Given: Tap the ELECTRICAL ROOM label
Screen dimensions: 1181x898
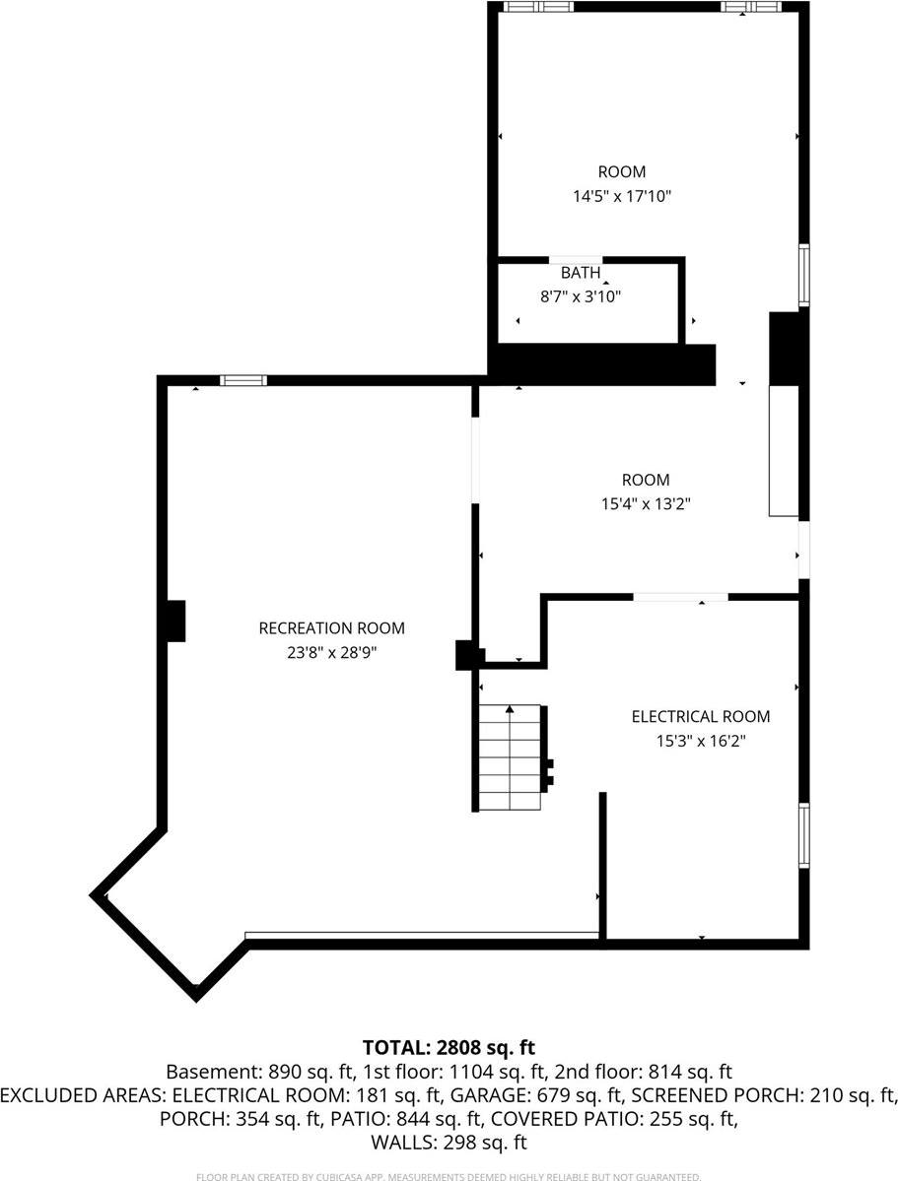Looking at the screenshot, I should click(x=701, y=717).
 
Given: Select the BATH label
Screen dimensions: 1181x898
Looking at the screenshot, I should click(x=581, y=273).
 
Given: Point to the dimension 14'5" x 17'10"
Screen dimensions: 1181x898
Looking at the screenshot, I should click(x=622, y=196).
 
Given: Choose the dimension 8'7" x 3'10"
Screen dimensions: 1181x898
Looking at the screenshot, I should click(x=581, y=295).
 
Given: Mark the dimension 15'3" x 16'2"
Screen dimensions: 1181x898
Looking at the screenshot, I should click(x=701, y=741).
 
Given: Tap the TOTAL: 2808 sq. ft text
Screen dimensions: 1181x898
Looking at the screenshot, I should click(x=449, y=1047).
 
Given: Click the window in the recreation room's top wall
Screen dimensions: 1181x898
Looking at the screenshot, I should click(x=242, y=380).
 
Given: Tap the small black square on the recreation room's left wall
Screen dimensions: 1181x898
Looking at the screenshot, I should click(x=175, y=621).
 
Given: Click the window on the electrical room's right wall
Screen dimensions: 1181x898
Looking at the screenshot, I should click(x=804, y=835).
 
